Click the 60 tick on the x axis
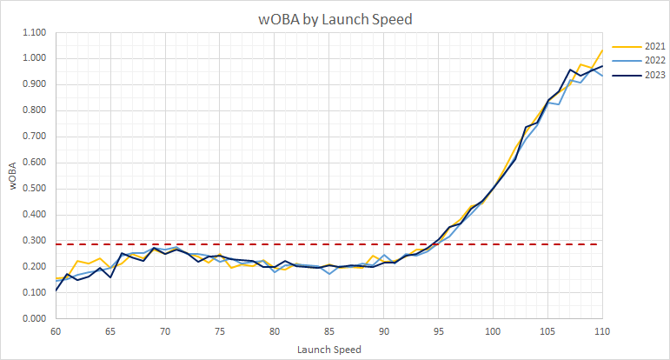[56, 331]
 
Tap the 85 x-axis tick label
[329, 331]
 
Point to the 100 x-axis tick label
[494, 331]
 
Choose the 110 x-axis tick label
[602, 331]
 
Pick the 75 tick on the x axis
[220, 331]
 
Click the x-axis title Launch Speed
[329, 349]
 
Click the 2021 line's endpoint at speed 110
[602, 50]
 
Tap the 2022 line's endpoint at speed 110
[602, 76]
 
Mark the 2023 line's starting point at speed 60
[56, 290]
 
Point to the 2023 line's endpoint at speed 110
[602, 66]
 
